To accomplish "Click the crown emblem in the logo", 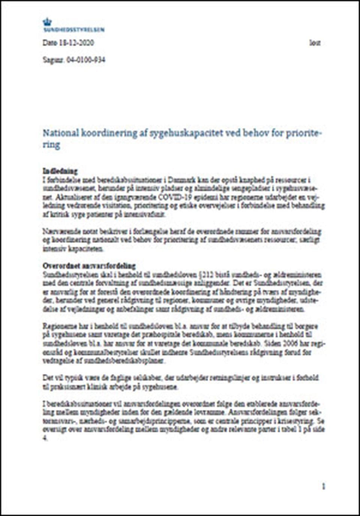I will pos(47,22).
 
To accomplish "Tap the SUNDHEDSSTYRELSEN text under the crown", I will pos(73,30).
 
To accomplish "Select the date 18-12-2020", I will pos(76,43).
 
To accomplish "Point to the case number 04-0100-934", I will pos(85,60).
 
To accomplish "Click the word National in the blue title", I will pos(60,133).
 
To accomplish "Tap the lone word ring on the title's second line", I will pos(51,145).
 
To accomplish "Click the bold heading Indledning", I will pos(60,171).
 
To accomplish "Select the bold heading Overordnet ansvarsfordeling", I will pos(89,266).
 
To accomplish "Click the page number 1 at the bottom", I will pos(323,487).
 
